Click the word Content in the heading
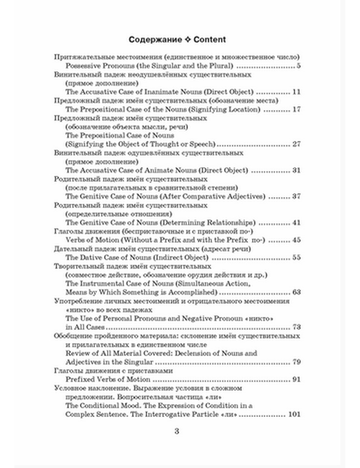coord(210,40)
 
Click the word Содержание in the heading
coord(155,40)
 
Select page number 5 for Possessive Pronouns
coord(298,66)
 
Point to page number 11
coord(296,92)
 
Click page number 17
coord(296,109)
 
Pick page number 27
coord(296,144)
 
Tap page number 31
coord(296,170)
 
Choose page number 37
coord(296,197)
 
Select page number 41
coord(296,222)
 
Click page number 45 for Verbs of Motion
coord(296,240)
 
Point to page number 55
coord(296,257)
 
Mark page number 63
coord(296,292)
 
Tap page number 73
coord(296,327)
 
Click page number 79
coord(296,362)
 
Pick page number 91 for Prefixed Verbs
coord(296,379)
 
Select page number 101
coord(294,414)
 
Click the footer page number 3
coord(176,431)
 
